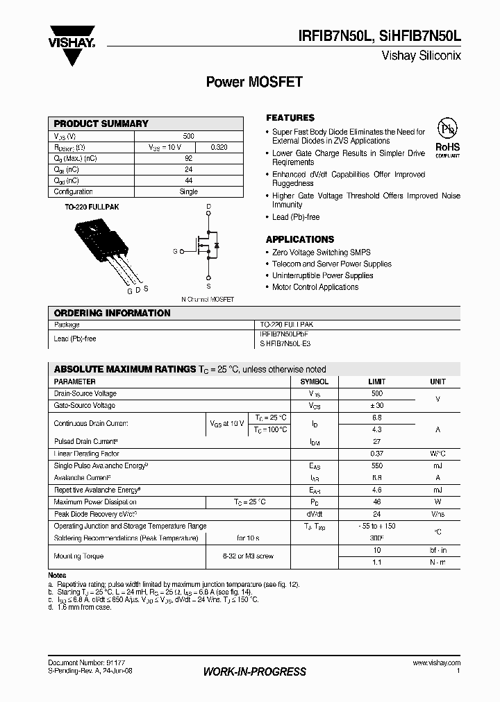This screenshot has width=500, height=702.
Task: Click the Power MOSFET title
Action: pos(254,82)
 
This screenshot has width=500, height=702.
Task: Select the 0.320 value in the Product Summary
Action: pos(218,148)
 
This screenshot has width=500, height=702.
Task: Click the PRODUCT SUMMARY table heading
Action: pos(101,123)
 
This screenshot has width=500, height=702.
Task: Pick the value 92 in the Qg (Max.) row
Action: pos(188,159)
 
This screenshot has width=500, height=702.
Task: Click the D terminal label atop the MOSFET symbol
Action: pos(208,207)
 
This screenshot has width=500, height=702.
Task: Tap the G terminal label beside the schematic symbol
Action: pos(175,251)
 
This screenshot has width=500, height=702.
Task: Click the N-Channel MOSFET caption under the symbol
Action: pos(208,300)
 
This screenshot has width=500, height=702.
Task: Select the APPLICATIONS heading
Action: pos(300,239)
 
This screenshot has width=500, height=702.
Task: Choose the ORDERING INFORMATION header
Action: pos(112,313)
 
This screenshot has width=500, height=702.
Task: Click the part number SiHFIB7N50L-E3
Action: pos(285,343)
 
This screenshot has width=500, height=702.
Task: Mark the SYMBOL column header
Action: pos(314,382)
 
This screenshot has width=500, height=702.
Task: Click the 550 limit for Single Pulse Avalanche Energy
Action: pos(376,466)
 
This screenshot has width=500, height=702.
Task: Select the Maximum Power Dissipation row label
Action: pos(95,502)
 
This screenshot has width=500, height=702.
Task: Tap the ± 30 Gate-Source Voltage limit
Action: pos(376,406)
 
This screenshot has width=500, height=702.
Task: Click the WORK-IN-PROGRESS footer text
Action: pos(254,671)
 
